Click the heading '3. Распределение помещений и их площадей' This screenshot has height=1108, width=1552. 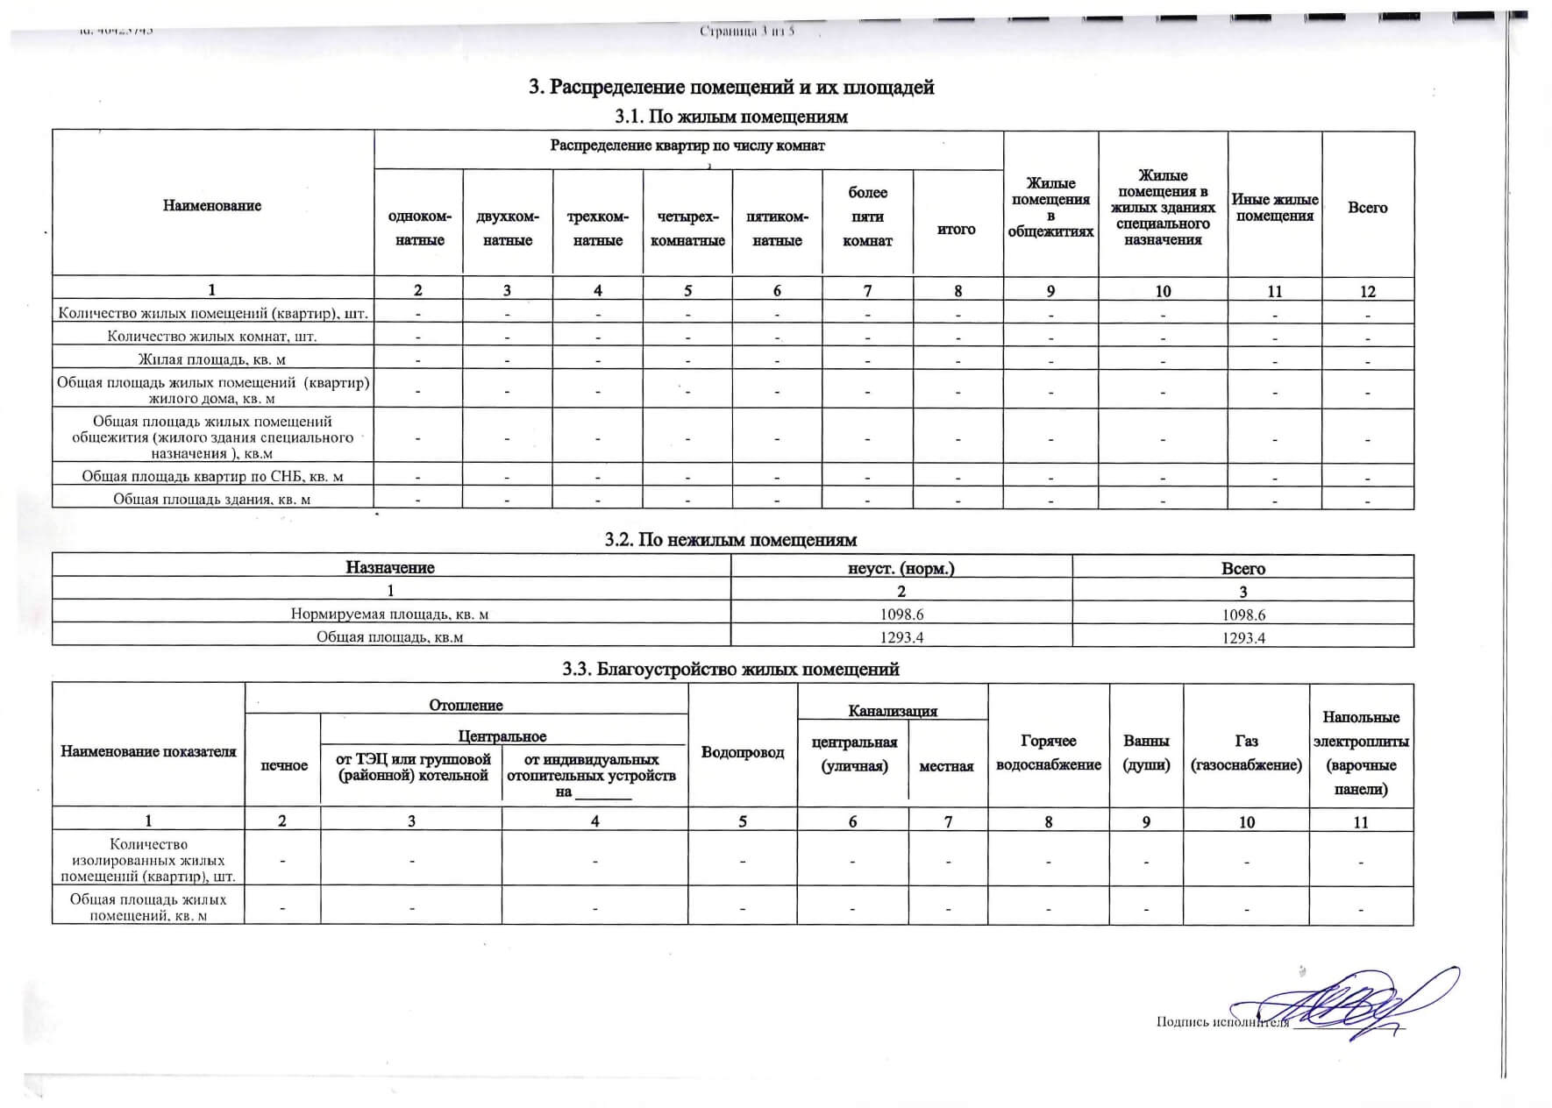point(731,88)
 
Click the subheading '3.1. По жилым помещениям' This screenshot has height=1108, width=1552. point(731,117)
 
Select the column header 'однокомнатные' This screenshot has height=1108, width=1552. point(419,228)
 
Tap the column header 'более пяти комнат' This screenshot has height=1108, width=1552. point(867,217)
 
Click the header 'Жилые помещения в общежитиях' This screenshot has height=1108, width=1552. point(1050,208)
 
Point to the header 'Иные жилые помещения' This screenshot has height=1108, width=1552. point(1274,208)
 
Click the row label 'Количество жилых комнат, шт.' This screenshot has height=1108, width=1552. point(212,336)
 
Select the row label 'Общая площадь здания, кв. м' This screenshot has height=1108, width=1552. point(212,500)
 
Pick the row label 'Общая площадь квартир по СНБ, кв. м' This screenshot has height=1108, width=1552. point(212,477)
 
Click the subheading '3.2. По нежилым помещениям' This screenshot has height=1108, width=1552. point(730,540)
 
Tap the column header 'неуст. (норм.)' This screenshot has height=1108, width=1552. point(901,568)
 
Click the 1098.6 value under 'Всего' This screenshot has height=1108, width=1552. point(1242,614)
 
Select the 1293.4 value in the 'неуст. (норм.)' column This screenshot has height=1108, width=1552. point(901,637)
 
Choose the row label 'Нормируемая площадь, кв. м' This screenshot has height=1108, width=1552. point(389,614)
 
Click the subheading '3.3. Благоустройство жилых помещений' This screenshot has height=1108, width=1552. point(730,670)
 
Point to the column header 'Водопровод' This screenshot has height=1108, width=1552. point(743,752)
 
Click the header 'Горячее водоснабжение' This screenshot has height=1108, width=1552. point(1048,753)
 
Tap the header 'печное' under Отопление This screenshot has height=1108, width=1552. point(283,765)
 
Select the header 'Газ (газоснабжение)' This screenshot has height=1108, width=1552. point(1245,753)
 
